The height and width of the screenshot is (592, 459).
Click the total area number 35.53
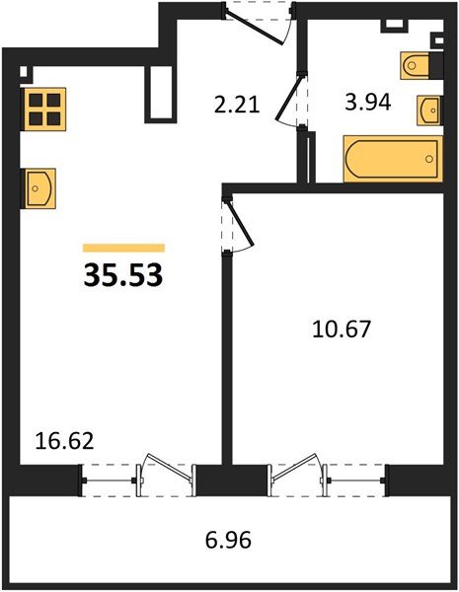pos(123,275)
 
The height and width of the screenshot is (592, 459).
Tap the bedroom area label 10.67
pos(342,329)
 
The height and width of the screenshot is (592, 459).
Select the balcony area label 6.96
pos(228,540)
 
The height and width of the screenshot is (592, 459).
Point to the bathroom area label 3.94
pos(367,102)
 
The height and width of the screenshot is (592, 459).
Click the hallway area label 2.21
pos(237,105)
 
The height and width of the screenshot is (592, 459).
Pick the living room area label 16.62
pos(64,441)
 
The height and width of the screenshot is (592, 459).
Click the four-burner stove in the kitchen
pos(44,110)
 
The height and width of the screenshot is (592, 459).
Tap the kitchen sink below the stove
pos(39,188)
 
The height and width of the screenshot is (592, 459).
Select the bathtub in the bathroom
pos(393,159)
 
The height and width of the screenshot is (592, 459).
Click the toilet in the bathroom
pos(416,66)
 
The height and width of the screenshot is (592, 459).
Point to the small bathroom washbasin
pos(429,111)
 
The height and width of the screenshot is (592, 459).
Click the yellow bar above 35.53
pos(124,248)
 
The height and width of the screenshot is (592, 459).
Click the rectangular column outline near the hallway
pos(159,95)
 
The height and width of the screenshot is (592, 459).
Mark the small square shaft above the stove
pos(24,72)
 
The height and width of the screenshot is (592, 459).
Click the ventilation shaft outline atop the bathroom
pos(395,26)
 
